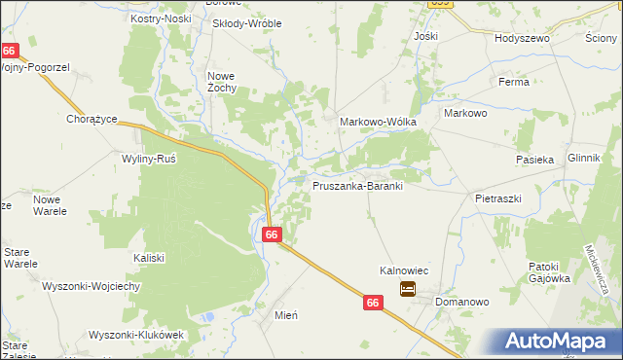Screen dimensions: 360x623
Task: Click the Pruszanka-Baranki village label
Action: click(357, 185)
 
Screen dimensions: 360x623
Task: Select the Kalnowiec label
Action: click(405, 271)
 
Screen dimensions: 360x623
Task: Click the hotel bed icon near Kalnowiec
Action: click(407, 288)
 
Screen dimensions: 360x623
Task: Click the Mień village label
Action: click(285, 315)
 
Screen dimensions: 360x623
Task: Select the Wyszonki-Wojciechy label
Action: click(92, 286)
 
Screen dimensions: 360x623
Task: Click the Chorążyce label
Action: click(92, 119)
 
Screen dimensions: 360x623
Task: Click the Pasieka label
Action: click(534, 159)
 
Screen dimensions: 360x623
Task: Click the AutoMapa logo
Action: click(559, 341)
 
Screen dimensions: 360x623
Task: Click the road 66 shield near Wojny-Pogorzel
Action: click(10, 51)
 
